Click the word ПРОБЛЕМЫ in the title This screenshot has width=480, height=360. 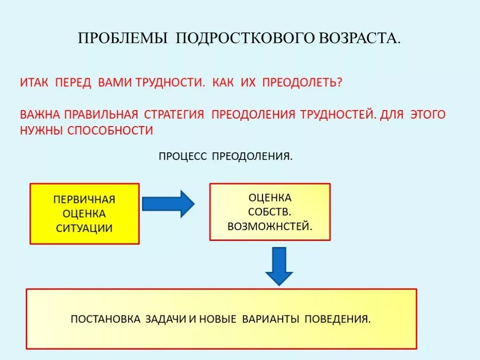click(x=123, y=38)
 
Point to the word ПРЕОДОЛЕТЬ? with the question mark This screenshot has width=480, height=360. click(x=302, y=82)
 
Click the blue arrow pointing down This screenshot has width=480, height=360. click(x=279, y=266)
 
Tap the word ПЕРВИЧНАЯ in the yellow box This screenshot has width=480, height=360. click(x=84, y=199)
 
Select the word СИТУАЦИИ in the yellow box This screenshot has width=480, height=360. click(x=84, y=228)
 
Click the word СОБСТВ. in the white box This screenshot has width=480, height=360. click(x=270, y=212)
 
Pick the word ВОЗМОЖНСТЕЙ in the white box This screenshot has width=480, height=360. click(x=270, y=226)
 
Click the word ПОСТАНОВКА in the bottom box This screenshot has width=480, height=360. click(x=105, y=319)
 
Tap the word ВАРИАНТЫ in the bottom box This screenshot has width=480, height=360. click(x=270, y=319)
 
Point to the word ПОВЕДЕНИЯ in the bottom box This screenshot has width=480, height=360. click(x=337, y=319)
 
